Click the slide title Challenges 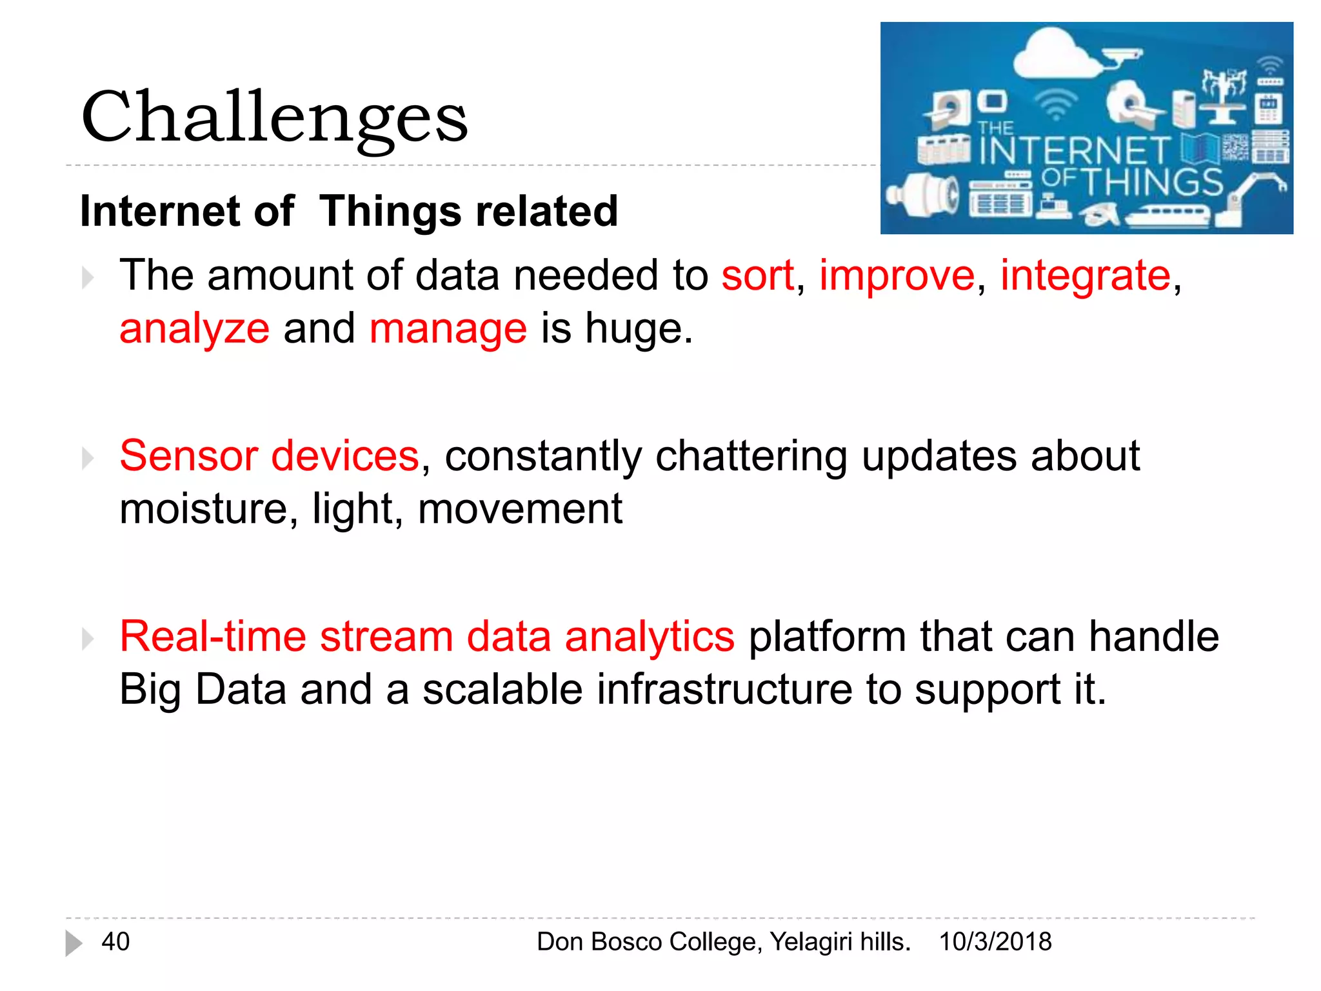pyautogui.click(x=274, y=117)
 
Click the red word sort pyautogui.click(x=757, y=276)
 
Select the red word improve pyautogui.click(x=897, y=276)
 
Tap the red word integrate pyautogui.click(x=1085, y=276)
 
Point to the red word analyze pyautogui.click(x=194, y=329)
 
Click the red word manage pyautogui.click(x=448, y=329)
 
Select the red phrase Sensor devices pyautogui.click(x=269, y=456)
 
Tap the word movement pyautogui.click(x=520, y=509)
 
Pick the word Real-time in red pyautogui.click(x=213, y=637)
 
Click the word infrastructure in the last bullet pyautogui.click(x=724, y=690)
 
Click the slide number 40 pyautogui.click(x=115, y=941)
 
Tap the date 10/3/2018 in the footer pyautogui.click(x=995, y=941)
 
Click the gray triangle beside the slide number pyautogui.click(x=74, y=943)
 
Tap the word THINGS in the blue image pyautogui.click(x=1152, y=182)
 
